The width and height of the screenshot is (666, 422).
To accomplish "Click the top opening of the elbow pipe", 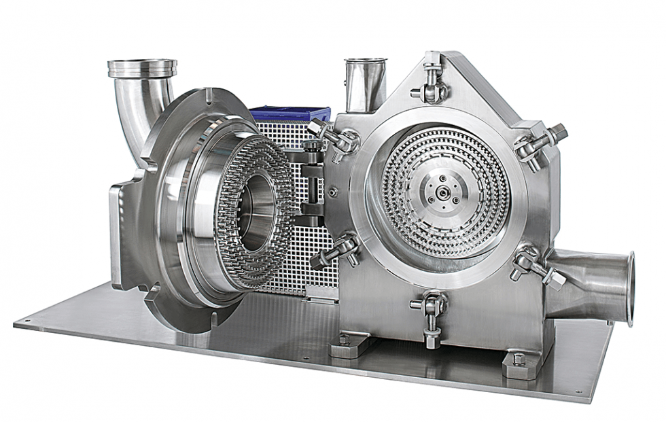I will (142, 66).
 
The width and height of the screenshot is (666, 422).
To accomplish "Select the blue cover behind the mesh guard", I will (290, 114).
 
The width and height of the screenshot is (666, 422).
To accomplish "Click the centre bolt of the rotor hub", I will (444, 188).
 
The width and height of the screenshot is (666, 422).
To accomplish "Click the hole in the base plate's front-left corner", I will (27, 321).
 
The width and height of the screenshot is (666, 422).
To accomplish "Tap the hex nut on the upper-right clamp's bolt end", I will (559, 130).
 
